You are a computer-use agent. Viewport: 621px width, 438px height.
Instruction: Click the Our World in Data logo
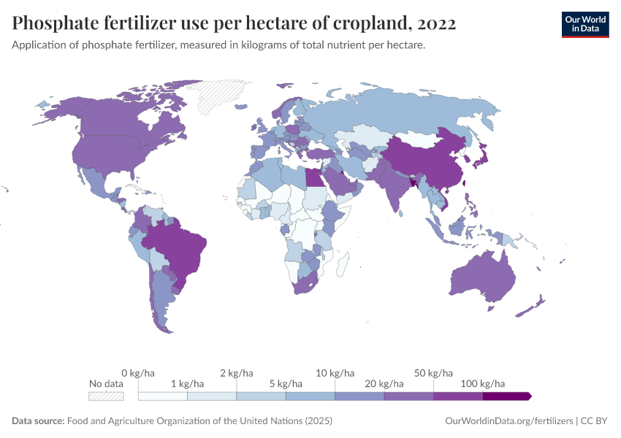point(584,23)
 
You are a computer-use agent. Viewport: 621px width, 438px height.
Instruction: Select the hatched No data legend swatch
point(106,396)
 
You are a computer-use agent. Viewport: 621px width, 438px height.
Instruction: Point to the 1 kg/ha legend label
point(188,383)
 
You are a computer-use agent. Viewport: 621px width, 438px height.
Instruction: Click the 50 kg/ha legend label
point(433,373)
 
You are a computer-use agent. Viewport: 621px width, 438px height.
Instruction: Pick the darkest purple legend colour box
point(506,396)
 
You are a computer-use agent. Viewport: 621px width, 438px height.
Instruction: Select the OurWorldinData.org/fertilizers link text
point(508,421)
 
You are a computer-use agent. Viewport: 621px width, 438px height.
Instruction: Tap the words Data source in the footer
point(38,421)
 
